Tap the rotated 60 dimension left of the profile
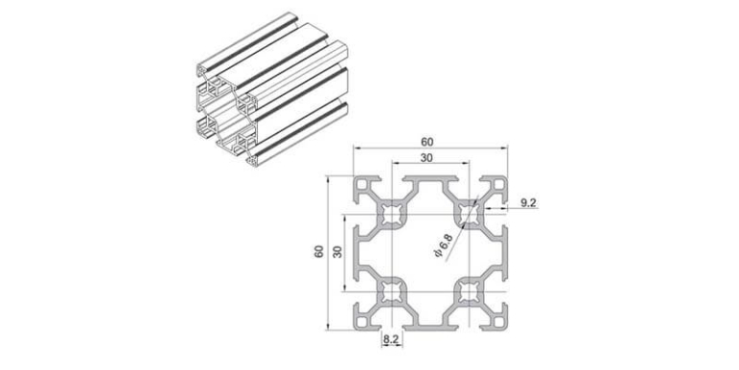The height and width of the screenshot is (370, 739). point(319,252)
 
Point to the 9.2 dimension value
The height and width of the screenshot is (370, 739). point(528,201)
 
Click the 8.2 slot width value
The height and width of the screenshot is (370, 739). point(391,340)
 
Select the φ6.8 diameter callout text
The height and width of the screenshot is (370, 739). point(444,249)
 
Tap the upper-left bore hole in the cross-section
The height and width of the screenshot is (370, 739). point(391,215)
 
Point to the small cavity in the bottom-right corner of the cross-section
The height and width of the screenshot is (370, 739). point(497,319)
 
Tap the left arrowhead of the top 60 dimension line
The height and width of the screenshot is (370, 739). point(356,149)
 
